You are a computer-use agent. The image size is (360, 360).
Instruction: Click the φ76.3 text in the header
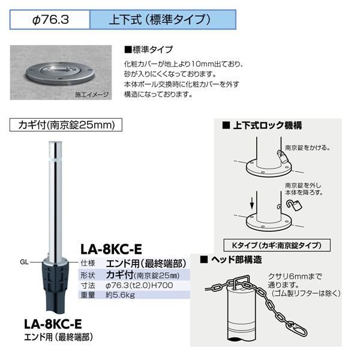[50, 20]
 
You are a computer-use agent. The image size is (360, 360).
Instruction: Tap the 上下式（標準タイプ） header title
[160, 19]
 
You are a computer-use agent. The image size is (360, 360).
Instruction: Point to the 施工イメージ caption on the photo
[92, 95]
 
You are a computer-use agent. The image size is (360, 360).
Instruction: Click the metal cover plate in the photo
[60, 73]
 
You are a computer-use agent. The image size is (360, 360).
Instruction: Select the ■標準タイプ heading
[148, 50]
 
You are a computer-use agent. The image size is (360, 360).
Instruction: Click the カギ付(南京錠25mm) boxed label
[66, 125]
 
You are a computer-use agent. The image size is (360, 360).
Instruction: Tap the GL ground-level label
[24, 262]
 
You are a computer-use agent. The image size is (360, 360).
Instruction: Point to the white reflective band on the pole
[55, 159]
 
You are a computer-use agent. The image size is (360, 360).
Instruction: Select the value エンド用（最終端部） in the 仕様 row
[146, 263]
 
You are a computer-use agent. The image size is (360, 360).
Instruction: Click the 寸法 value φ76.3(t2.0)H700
[139, 286]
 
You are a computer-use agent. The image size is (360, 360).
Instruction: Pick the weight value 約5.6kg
[120, 295]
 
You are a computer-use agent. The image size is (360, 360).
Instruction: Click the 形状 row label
[88, 275]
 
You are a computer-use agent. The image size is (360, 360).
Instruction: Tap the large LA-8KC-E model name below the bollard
[53, 324]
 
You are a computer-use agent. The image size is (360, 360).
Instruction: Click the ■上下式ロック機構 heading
[262, 125]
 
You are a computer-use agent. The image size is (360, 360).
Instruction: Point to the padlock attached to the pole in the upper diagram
[281, 156]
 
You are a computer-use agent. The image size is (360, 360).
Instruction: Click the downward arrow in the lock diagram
[252, 203]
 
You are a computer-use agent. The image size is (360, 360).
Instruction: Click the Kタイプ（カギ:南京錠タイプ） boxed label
[277, 245]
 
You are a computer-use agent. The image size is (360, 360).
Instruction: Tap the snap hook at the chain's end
[299, 329]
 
